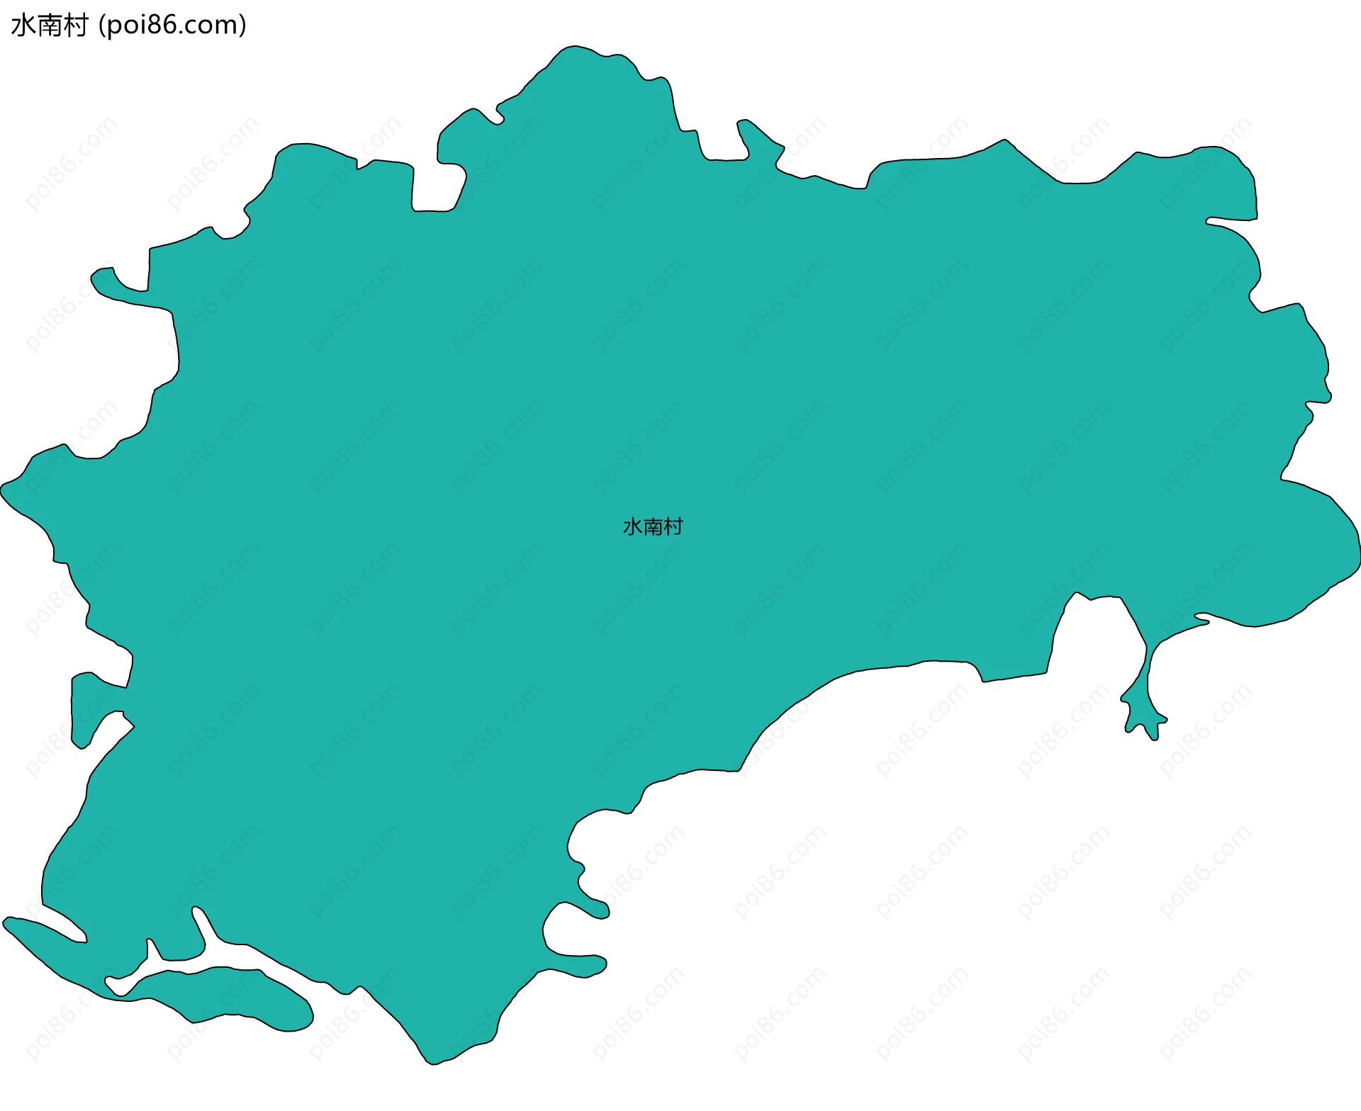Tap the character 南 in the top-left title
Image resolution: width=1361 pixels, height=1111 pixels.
(x=49, y=26)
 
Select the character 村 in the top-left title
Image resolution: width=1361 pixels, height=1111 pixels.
(x=74, y=26)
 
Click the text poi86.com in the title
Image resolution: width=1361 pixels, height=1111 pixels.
(x=173, y=26)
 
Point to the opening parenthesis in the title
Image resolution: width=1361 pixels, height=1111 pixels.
(x=102, y=26)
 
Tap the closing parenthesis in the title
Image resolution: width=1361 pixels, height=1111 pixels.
(x=243, y=26)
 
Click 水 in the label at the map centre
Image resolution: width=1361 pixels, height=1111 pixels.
(x=632, y=526)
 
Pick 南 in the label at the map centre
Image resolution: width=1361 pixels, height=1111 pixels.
(x=653, y=526)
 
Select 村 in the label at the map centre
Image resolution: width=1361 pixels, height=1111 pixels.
(x=673, y=526)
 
